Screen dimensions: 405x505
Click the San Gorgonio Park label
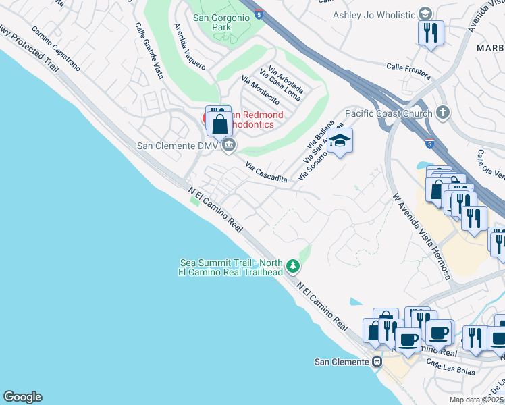click(211, 22)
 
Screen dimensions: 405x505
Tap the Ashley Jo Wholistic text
click(373, 14)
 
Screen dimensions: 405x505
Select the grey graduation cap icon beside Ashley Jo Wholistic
click(425, 13)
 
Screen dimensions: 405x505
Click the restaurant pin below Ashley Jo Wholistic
click(431, 32)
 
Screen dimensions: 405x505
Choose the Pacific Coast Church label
click(388, 113)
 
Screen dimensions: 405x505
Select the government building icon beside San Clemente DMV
click(229, 144)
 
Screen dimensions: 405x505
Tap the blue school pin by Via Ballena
click(340, 141)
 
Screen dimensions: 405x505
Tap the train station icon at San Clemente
click(377, 362)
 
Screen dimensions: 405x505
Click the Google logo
click(22, 397)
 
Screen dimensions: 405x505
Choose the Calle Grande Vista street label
click(150, 51)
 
